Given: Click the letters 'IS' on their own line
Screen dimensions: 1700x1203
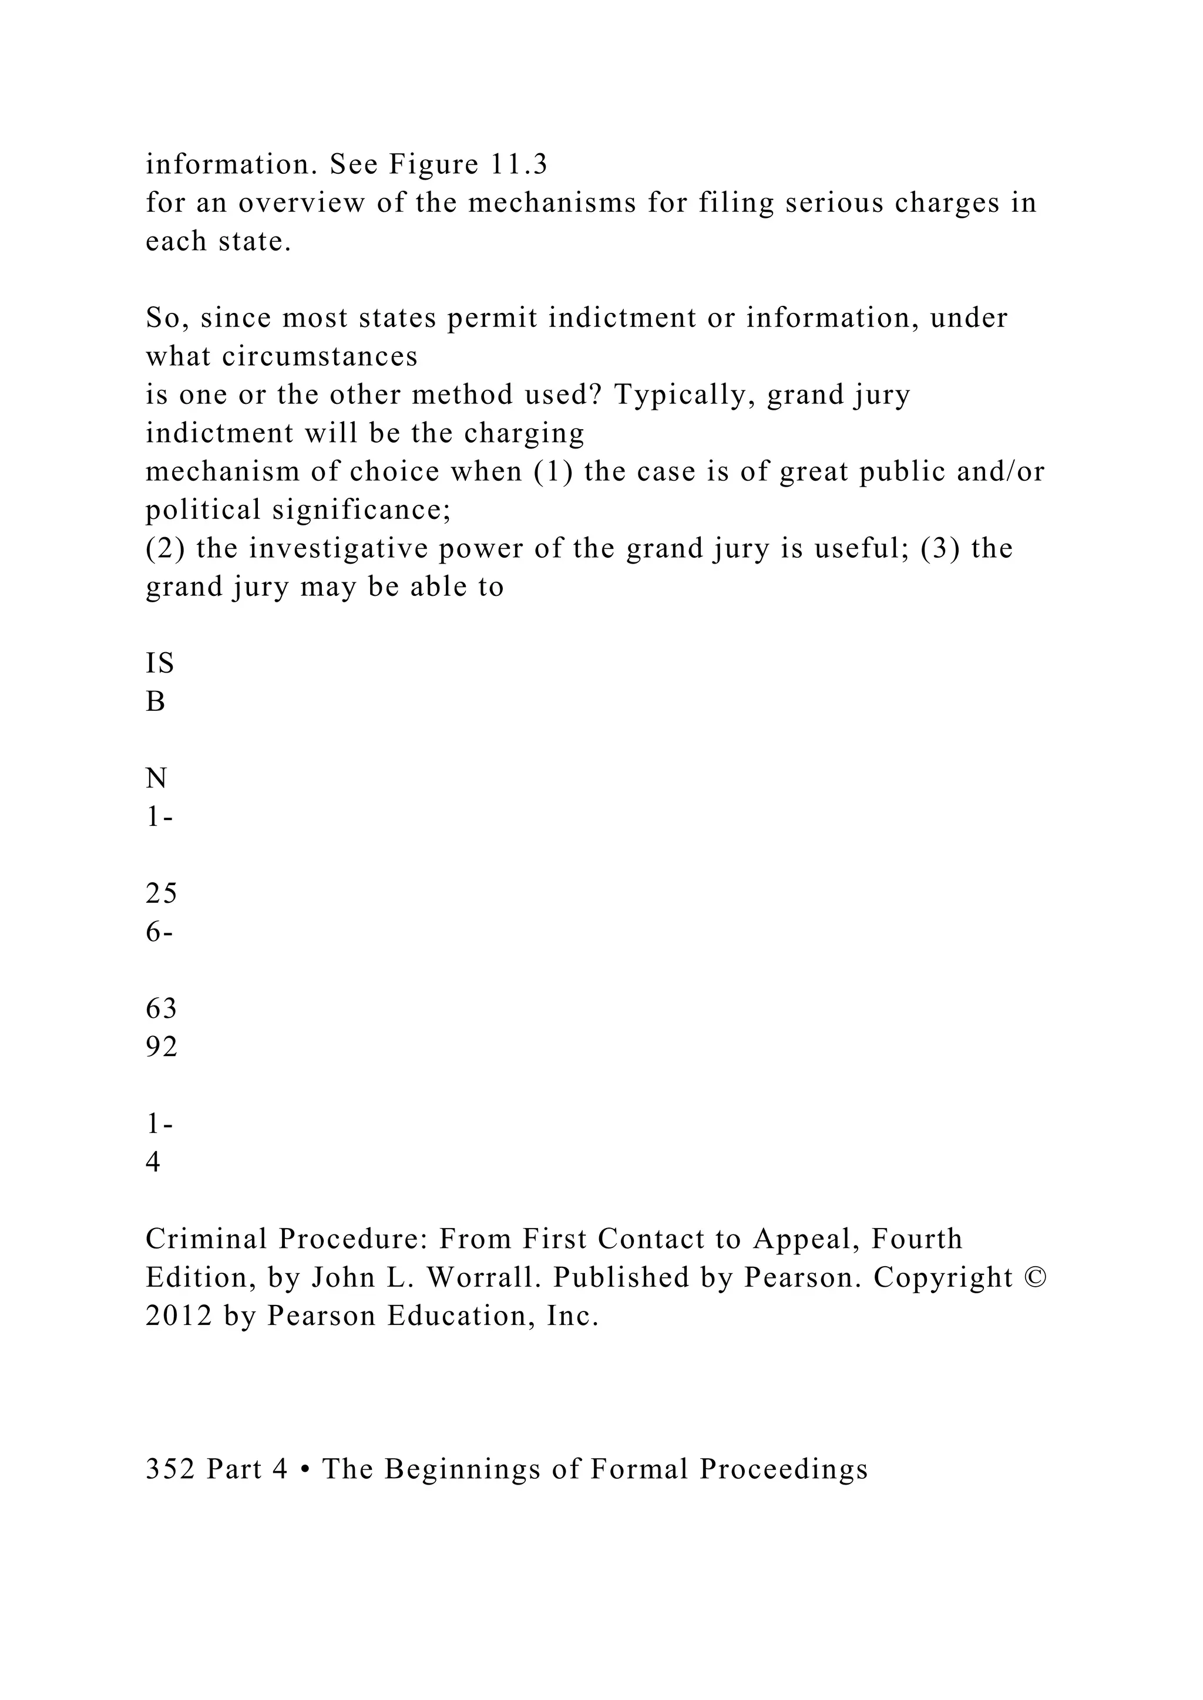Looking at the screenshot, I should point(159,663).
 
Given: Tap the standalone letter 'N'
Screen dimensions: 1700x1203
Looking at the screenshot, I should point(156,778).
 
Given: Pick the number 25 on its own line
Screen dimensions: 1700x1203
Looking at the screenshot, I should point(161,893).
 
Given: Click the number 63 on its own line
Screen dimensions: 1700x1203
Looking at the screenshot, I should point(161,1008).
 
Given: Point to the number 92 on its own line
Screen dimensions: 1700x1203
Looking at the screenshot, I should point(161,1047).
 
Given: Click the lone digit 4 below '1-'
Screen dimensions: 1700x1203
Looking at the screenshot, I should point(153,1162).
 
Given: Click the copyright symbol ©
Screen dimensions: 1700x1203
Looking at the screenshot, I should point(1034,1277).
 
